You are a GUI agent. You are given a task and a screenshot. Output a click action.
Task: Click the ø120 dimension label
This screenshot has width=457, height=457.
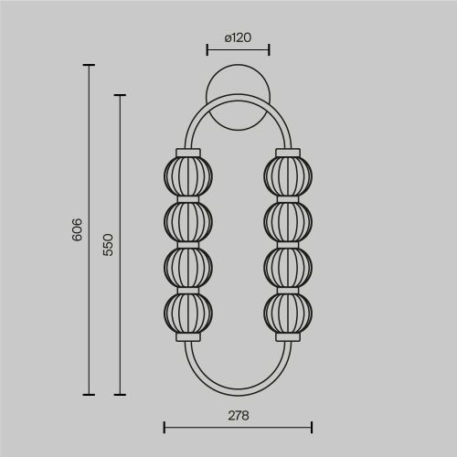(x=238, y=37)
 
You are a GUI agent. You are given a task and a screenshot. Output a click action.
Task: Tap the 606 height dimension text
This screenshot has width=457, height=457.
(x=77, y=229)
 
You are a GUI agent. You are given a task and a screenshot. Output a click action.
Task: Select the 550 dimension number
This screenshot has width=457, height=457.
(x=108, y=245)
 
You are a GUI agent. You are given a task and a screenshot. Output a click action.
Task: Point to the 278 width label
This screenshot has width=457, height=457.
(x=239, y=416)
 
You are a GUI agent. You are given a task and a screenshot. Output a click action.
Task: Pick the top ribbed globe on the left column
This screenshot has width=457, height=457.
(x=188, y=176)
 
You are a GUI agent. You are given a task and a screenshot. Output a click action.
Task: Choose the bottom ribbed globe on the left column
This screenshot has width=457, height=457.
(x=188, y=313)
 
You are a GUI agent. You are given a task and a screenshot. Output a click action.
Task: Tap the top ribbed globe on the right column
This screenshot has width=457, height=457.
(x=288, y=176)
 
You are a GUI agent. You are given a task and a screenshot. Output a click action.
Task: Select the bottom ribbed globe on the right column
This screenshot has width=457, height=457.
(x=288, y=313)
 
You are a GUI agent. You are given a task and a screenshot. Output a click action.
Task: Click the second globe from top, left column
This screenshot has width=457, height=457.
(x=188, y=222)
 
